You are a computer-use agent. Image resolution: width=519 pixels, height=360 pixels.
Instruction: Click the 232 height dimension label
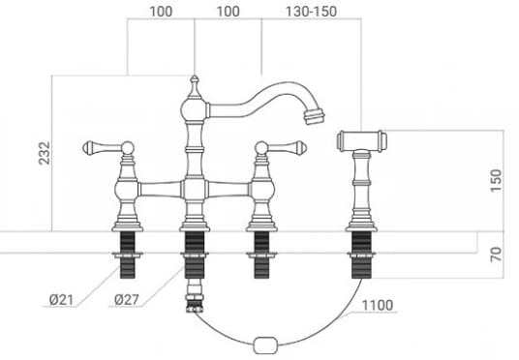45,153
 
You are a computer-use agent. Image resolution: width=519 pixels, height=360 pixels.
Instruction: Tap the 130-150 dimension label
311,12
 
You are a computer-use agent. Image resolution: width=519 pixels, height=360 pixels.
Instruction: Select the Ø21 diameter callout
61,300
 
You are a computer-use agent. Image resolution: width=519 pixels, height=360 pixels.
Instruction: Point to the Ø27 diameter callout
127,300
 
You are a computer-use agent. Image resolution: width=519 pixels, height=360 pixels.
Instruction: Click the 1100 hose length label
378,305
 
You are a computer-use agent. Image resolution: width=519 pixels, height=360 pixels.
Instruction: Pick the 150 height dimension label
496,180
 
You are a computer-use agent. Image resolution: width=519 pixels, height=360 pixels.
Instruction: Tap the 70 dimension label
496,255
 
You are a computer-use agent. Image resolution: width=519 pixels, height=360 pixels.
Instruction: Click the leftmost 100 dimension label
161,12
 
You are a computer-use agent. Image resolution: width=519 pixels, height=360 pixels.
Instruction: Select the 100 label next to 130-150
229,12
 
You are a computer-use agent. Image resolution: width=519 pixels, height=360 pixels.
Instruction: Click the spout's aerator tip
315,116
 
